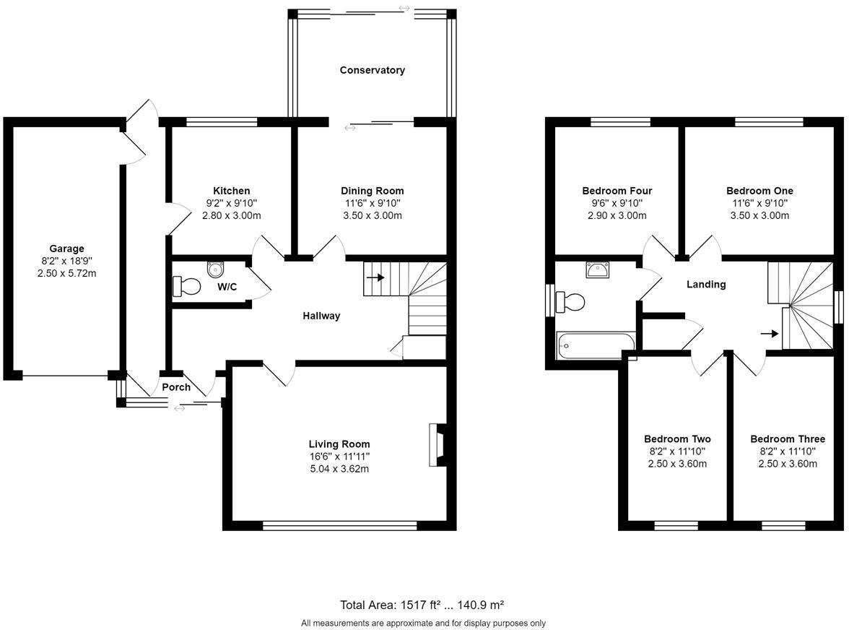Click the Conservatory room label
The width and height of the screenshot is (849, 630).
pos(372,70)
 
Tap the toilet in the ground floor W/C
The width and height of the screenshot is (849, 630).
pos(187,286)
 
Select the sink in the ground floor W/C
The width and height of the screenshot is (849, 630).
pos(215,269)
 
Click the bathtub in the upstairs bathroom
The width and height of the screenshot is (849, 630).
pos(596,345)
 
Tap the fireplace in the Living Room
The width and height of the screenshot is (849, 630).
pos(436,445)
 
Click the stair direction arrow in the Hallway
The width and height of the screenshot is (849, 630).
pos(375,277)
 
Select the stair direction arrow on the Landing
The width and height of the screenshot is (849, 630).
pos(770,334)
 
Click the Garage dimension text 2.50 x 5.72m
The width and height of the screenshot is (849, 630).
pos(66,273)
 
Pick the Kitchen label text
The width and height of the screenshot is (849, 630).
pos(231,191)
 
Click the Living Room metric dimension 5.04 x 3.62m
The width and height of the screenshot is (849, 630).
pos(339,469)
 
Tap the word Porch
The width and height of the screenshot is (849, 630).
pos(176,387)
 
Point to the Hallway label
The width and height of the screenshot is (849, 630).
pos(321,316)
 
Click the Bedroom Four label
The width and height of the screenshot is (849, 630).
pos(617,191)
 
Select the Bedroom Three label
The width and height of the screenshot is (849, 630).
pos(787,439)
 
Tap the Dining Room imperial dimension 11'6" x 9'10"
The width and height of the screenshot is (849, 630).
pos(372,203)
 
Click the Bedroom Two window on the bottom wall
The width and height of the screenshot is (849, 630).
pos(676,525)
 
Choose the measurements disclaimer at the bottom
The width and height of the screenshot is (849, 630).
pos(423,623)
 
